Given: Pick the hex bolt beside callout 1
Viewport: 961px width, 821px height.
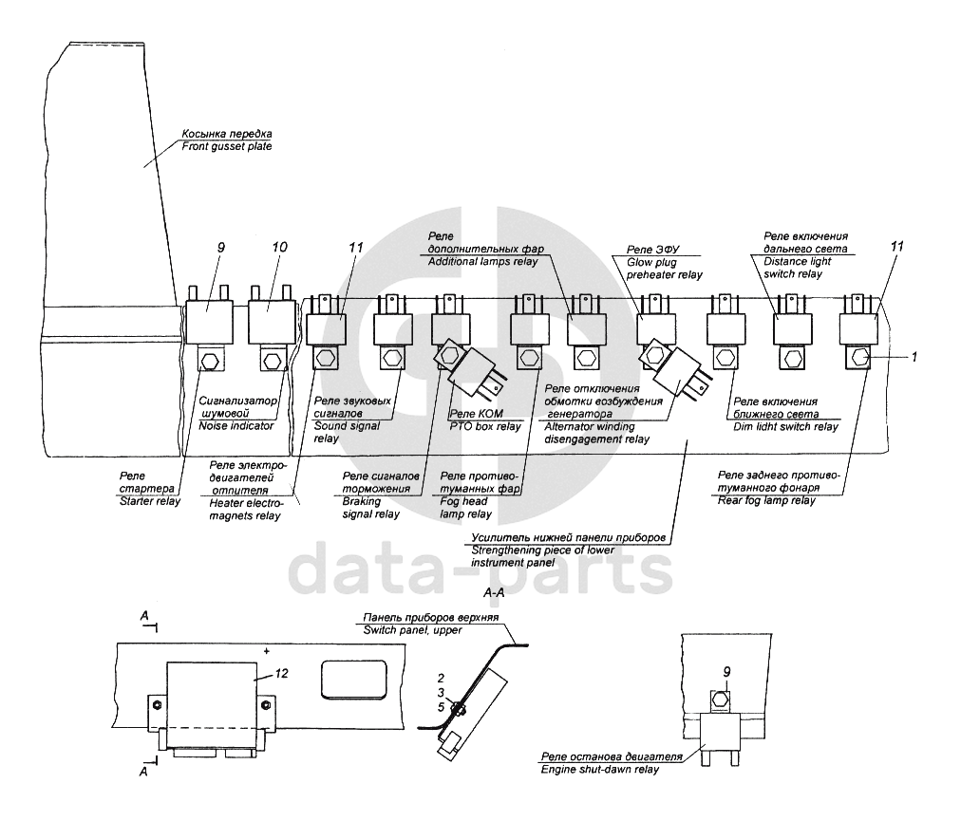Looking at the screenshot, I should point(860,358).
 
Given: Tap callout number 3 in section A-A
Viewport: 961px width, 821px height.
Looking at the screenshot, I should point(442,693).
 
